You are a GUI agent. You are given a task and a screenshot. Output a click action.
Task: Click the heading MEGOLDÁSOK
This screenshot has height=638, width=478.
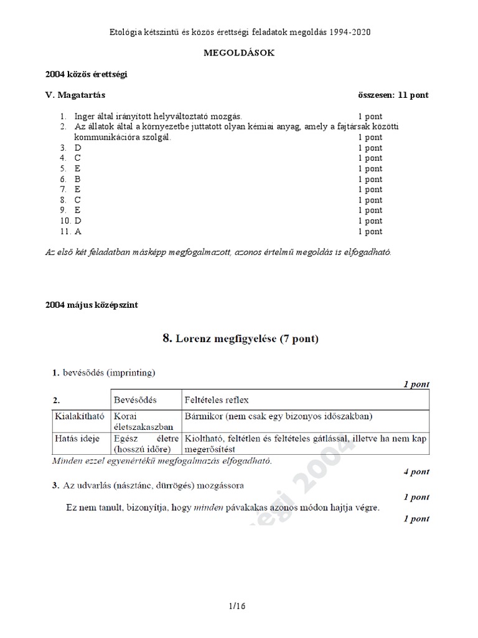(239, 53)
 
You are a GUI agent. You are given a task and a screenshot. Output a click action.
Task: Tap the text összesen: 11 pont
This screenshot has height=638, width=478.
(393, 95)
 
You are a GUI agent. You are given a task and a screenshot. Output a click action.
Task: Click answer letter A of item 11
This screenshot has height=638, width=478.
(78, 231)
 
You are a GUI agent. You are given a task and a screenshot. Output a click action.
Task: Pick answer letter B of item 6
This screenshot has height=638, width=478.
(78, 179)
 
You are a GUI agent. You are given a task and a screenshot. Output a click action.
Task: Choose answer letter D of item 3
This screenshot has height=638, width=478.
(78, 148)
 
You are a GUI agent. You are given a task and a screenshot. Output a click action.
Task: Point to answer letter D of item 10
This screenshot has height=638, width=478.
(78, 221)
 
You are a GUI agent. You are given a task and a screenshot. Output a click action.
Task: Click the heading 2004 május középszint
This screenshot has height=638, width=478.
(91, 305)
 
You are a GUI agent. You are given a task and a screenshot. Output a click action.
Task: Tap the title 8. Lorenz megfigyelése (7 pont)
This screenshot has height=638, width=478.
(240, 339)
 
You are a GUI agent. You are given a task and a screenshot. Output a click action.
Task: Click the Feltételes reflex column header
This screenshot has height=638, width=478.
(216, 399)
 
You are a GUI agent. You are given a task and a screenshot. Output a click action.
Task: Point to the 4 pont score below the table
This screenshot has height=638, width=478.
(416, 472)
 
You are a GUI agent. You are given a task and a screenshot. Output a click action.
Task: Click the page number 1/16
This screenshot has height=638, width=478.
(239, 605)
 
